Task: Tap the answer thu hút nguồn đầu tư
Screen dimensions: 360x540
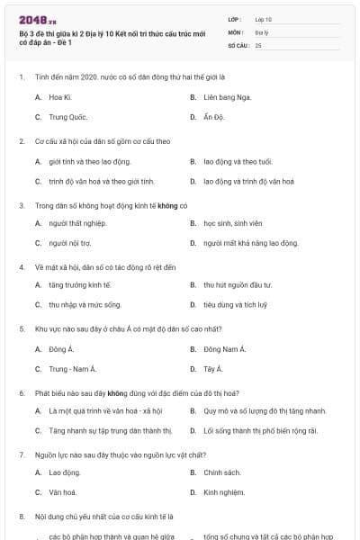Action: [235, 284]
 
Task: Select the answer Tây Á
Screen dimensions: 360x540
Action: [212, 369]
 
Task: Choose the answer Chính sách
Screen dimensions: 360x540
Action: [221, 472]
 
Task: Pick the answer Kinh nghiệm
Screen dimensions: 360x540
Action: [224, 492]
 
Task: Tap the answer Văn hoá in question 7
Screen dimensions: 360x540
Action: [62, 492]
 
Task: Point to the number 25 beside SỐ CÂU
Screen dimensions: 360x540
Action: [258, 44]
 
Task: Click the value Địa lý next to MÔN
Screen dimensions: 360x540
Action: [261, 31]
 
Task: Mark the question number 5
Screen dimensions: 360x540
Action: [22, 328]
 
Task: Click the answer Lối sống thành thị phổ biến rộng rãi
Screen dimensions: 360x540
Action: [260, 430]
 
